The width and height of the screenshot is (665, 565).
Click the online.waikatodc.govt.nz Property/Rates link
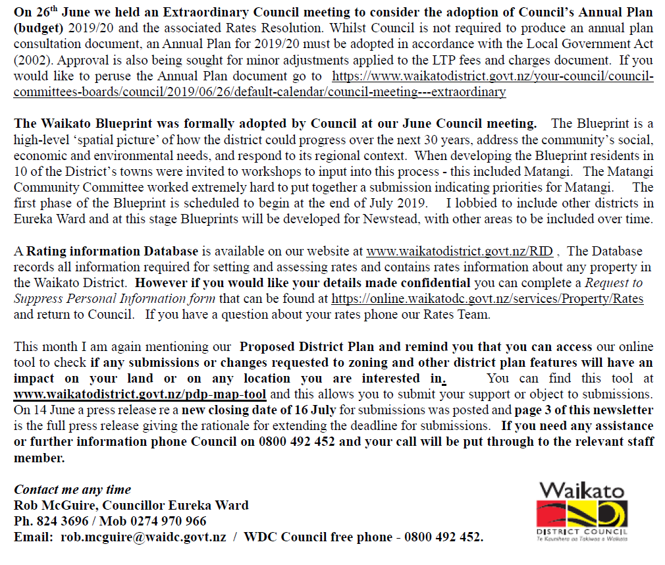click(x=488, y=298)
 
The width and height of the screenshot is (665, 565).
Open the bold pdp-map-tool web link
click(x=140, y=394)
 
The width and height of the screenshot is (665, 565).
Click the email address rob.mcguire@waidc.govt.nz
click(x=144, y=537)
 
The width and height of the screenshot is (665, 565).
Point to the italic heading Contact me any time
click(x=72, y=489)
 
